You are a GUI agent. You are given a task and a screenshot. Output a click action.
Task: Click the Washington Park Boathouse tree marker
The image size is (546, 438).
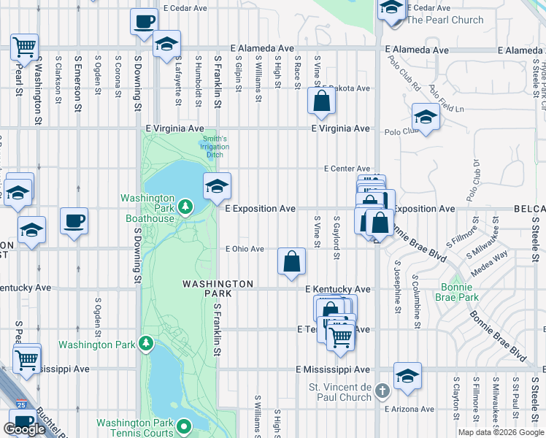click(185, 208)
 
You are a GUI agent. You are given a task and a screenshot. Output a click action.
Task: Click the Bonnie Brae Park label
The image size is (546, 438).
click(456, 292)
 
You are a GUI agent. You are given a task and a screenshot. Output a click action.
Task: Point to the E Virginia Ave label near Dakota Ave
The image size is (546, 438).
click(341, 128)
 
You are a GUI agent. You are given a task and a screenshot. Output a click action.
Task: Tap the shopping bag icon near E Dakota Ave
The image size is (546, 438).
click(321, 101)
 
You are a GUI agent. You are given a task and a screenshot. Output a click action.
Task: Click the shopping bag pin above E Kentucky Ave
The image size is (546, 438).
click(291, 261)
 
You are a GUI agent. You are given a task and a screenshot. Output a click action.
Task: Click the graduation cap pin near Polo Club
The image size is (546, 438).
click(425, 115)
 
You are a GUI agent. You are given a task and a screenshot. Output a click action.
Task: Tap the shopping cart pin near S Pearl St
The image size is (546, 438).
click(24, 47)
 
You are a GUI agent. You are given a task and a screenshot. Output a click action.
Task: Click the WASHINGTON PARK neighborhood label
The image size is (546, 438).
click(207, 288)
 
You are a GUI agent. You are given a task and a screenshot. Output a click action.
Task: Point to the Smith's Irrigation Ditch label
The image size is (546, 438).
click(215, 147)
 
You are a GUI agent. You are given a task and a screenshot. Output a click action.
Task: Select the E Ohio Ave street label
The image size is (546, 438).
click(245, 249)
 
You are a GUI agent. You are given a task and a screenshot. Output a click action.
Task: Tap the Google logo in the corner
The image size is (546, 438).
click(25, 429)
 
